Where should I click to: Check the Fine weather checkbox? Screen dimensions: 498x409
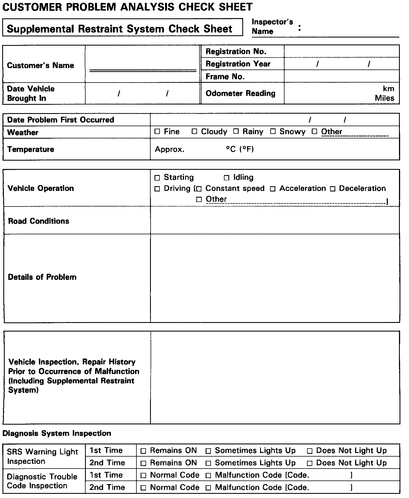(157, 131)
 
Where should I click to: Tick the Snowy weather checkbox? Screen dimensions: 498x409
(273, 131)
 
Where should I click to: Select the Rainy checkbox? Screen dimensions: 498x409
(236, 131)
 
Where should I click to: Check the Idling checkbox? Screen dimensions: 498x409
(227, 178)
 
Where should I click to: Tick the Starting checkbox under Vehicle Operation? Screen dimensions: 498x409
(157, 178)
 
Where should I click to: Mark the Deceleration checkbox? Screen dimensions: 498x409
(333, 189)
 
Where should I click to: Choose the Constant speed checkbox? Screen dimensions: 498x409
(199, 189)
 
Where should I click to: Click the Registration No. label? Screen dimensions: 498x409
(236, 51)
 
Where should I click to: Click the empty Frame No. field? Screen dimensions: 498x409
(341, 76)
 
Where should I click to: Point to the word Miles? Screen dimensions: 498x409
(384, 98)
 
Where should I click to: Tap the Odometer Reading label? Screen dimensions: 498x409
(240, 93)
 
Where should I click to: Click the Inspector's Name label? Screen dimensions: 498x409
(272, 27)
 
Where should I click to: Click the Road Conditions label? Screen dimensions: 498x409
(39, 221)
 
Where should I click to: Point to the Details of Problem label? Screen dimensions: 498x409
(42, 277)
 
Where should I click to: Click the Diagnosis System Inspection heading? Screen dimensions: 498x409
(57, 433)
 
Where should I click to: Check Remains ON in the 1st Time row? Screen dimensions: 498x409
(143, 451)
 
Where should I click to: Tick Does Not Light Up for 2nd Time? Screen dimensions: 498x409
(310, 464)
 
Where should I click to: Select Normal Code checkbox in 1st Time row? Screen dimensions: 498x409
(143, 476)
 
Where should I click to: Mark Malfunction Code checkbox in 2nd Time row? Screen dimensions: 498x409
(208, 488)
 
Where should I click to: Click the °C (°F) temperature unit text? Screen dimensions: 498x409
(240, 150)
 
